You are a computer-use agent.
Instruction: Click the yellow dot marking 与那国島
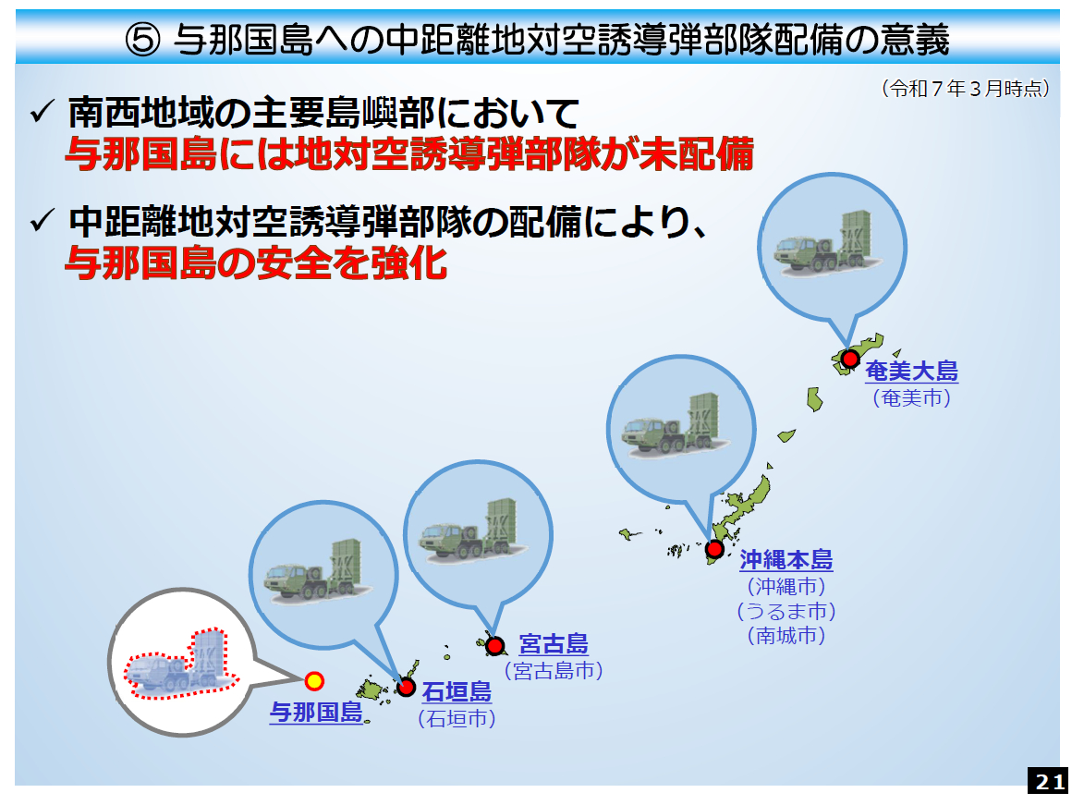(314, 681)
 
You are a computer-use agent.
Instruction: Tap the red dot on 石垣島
(406, 688)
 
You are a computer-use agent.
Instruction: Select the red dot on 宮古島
(495, 646)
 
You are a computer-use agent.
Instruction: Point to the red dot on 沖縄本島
(714, 550)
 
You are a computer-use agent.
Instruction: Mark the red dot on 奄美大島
(849, 359)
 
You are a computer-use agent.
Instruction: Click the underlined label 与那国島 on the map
(316, 712)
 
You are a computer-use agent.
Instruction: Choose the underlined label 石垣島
(457, 691)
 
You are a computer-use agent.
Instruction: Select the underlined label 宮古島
(553, 644)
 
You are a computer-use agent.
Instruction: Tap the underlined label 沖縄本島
(786, 559)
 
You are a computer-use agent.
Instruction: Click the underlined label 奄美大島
(912, 372)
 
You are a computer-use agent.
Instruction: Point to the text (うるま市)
(786, 611)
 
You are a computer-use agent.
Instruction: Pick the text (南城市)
(786, 636)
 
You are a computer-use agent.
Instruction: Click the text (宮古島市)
(554, 671)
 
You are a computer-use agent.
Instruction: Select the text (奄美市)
(912, 398)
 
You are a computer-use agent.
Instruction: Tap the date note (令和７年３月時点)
(966, 89)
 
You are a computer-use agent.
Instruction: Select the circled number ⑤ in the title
(143, 40)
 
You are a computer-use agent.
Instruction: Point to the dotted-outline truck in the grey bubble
(181, 663)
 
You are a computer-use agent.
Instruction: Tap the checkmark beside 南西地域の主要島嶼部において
(43, 111)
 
